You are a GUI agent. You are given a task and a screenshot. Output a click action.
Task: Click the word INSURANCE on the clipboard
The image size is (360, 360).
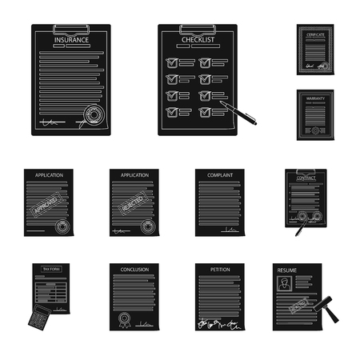click(71, 39)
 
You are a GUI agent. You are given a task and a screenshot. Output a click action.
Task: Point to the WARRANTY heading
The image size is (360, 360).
click(314, 100)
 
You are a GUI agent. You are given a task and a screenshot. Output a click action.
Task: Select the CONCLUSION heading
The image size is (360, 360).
click(134, 270)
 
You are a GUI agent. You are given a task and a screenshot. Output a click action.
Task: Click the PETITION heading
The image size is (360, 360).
click(219, 270)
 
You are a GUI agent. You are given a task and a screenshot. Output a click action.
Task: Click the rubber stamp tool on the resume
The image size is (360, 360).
click(328, 308)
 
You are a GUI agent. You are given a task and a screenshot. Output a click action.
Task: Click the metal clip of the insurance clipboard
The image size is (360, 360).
click(71, 27)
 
